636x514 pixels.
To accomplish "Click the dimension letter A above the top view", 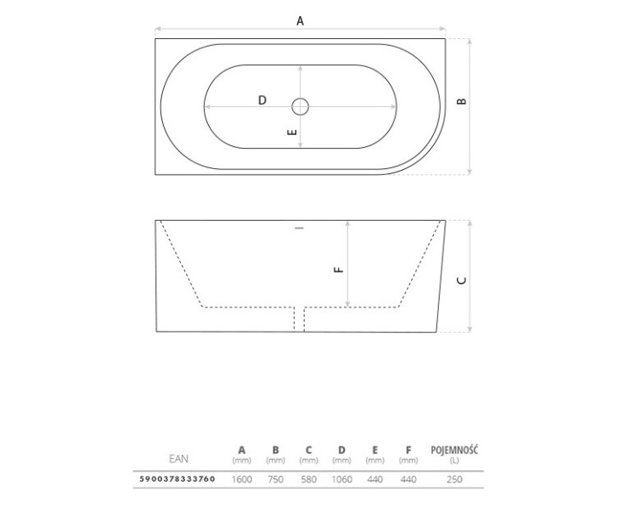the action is tap(300, 20).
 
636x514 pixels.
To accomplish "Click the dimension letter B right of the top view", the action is tap(462, 101).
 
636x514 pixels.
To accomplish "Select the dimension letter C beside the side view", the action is tap(462, 280).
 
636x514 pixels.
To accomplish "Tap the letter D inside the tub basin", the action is tap(262, 99).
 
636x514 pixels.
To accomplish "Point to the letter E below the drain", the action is tap(292, 133).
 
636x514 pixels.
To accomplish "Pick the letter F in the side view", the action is tap(339, 269).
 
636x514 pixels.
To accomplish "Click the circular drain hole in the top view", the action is tap(300, 107).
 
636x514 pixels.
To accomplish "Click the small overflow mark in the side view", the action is tap(300, 228).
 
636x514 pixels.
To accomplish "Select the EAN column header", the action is tap(179, 459).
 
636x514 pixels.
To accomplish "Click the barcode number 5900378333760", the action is tap(177, 478).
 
